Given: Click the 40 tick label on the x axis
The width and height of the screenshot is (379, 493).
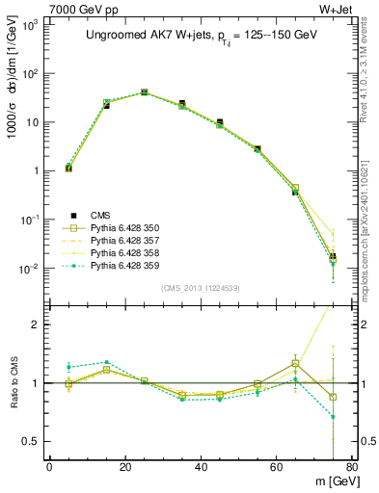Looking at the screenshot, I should click(x=201, y=468).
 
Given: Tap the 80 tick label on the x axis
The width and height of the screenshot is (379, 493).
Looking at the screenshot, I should click(x=352, y=468).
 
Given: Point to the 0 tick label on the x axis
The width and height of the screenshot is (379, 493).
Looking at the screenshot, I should click(x=49, y=468).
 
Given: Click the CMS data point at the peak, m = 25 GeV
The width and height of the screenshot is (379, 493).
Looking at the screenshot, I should click(x=144, y=92).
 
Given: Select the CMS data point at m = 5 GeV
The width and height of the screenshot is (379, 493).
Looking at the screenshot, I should click(x=68, y=169).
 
